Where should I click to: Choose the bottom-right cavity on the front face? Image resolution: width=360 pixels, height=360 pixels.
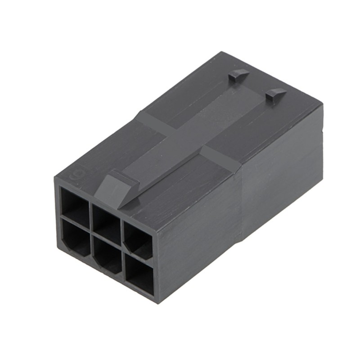pos(140,274)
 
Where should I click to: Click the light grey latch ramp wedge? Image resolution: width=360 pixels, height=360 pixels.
pos(115,189)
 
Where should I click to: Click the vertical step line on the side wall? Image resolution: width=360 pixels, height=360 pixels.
pos(243,216)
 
